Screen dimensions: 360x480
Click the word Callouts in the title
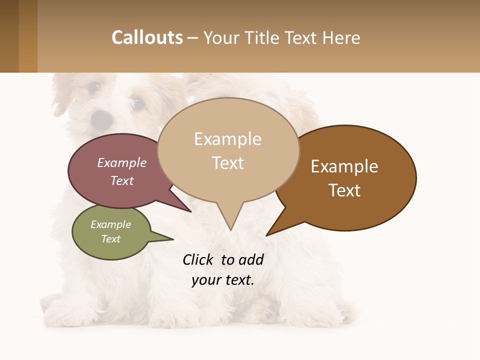(x=147, y=37)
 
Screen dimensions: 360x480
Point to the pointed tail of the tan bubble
(x=230, y=220)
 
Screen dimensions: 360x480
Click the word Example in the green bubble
(x=111, y=224)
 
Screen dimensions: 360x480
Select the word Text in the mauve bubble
(x=122, y=181)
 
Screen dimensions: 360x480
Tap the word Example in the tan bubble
(x=227, y=139)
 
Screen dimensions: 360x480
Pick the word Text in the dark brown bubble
(x=345, y=190)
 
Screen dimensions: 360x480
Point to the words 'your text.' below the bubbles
(x=223, y=280)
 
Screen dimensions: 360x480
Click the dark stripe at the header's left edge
(x=9, y=36)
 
